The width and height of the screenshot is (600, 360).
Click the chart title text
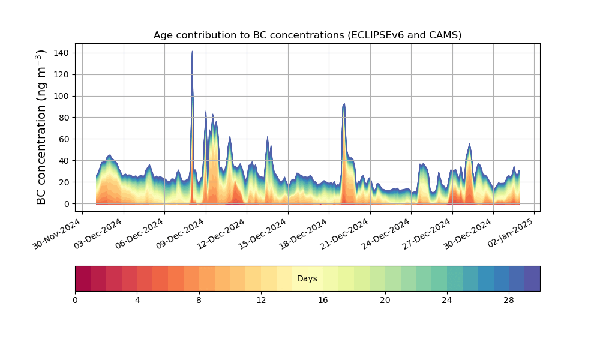[x=307, y=35]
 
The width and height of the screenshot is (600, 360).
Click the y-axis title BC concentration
[x=41, y=127]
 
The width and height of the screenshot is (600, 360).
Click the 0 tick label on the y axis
[x=67, y=204]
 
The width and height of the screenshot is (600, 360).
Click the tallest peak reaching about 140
[x=192, y=52]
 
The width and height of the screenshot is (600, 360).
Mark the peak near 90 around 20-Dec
[x=344, y=105]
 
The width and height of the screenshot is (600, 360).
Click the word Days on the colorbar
[x=307, y=278]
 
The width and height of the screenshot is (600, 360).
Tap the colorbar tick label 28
[x=509, y=300]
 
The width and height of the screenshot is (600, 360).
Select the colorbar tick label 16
[x=323, y=300]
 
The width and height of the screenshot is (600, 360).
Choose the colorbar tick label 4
[x=137, y=300]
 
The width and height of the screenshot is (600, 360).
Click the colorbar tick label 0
[x=76, y=300]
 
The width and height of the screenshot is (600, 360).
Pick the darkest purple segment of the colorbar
[x=532, y=278]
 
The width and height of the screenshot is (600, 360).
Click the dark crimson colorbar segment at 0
[x=83, y=278]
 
